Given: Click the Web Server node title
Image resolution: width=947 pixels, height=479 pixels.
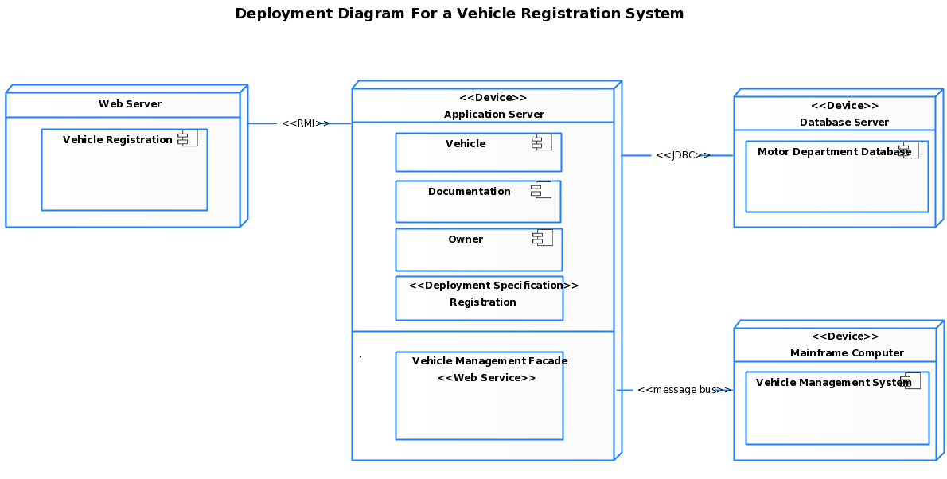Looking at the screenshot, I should click(x=130, y=104).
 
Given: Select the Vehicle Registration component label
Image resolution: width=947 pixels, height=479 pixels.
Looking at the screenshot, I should click(x=117, y=140).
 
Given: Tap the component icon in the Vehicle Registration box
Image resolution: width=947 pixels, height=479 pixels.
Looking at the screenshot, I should click(x=189, y=139).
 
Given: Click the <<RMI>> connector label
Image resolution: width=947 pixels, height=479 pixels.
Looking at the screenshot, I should click(x=303, y=123).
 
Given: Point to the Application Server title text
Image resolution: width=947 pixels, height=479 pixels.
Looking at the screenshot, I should click(x=493, y=115).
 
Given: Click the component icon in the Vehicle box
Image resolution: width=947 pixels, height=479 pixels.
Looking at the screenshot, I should click(x=542, y=143).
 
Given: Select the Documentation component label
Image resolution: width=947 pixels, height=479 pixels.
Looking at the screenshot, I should click(x=469, y=192).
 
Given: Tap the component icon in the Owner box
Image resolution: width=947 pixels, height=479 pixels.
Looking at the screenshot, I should click(x=543, y=239).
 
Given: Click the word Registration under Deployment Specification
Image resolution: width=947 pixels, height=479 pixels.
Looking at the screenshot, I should click(x=482, y=302).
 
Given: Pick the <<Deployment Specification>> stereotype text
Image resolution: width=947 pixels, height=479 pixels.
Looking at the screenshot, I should click(x=493, y=286).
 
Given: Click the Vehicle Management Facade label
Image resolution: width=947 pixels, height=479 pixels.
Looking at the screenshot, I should click(x=489, y=361).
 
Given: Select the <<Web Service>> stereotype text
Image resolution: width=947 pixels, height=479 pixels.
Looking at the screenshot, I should click(x=486, y=378).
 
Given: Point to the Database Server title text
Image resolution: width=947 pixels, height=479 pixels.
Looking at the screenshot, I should click(x=844, y=123).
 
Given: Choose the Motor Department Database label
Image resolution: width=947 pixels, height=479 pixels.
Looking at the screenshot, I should click(x=833, y=152).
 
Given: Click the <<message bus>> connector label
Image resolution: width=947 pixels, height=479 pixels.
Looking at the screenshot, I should click(x=681, y=390).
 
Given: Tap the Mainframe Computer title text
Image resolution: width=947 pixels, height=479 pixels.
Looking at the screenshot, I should click(x=847, y=353).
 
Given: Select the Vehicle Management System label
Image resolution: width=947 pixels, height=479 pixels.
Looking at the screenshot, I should click(x=832, y=383).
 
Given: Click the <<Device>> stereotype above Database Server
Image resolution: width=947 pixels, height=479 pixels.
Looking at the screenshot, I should click(x=844, y=106).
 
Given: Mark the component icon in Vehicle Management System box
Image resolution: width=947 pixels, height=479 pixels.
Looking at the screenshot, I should click(x=910, y=381).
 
